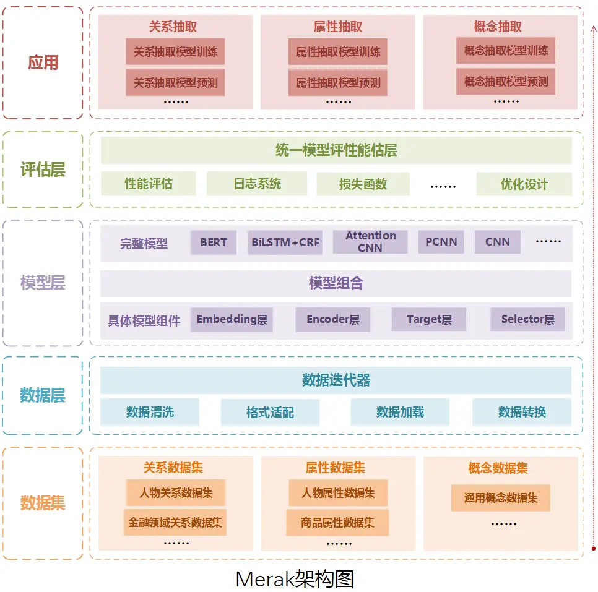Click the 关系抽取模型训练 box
click(x=175, y=52)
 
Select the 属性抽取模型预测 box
click(x=337, y=82)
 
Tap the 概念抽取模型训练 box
click(x=506, y=51)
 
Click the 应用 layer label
click(x=43, y=62)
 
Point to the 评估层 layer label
click(x=43, y=169)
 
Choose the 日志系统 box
click(x=257, y=184)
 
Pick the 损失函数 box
click(x=363, y=184)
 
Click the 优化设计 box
click(x=524, y=184)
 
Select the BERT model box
click(x=214, y=242)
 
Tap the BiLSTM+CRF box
click(x=285, y=242)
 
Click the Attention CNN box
click(x=370, y=242)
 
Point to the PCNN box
click(x=441, y=242)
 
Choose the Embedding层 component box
click(x=232, y=320)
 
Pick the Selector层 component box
click(x=527, y=319)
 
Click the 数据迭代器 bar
click(x=336, y=380)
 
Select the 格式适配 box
click(x=270, y=412)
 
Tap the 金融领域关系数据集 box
click(x=175, y=523)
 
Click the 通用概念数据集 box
click(x=501, y=497)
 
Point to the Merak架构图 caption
click(x=295, y=579)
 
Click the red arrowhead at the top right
click(x=593, y=28)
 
